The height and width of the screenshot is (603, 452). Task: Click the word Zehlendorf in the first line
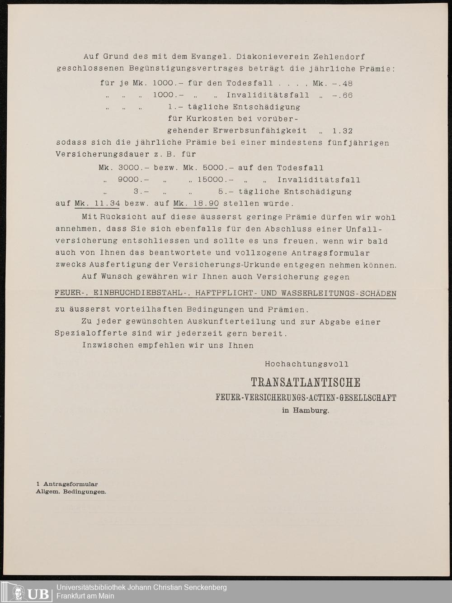(x=339, y=57)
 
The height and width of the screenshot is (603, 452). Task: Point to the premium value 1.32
(x=342, y=131)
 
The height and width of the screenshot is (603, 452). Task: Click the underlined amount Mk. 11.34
(x=97, y=204)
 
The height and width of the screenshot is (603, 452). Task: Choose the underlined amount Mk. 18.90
(x=196, y=204)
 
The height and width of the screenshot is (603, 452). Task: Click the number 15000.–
(x=215, y=180)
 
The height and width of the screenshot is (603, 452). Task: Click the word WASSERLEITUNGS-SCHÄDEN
(x=339, y=294)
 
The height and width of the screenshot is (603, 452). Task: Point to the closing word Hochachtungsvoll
(x=306, y=364)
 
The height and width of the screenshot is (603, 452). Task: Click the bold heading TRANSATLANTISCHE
(x=306, y=383)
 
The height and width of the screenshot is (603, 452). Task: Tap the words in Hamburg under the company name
(x=306, y=411)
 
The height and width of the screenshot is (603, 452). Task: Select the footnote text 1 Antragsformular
(x=67, y=484)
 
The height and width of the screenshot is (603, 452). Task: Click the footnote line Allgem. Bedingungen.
(x=71, y=492)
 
